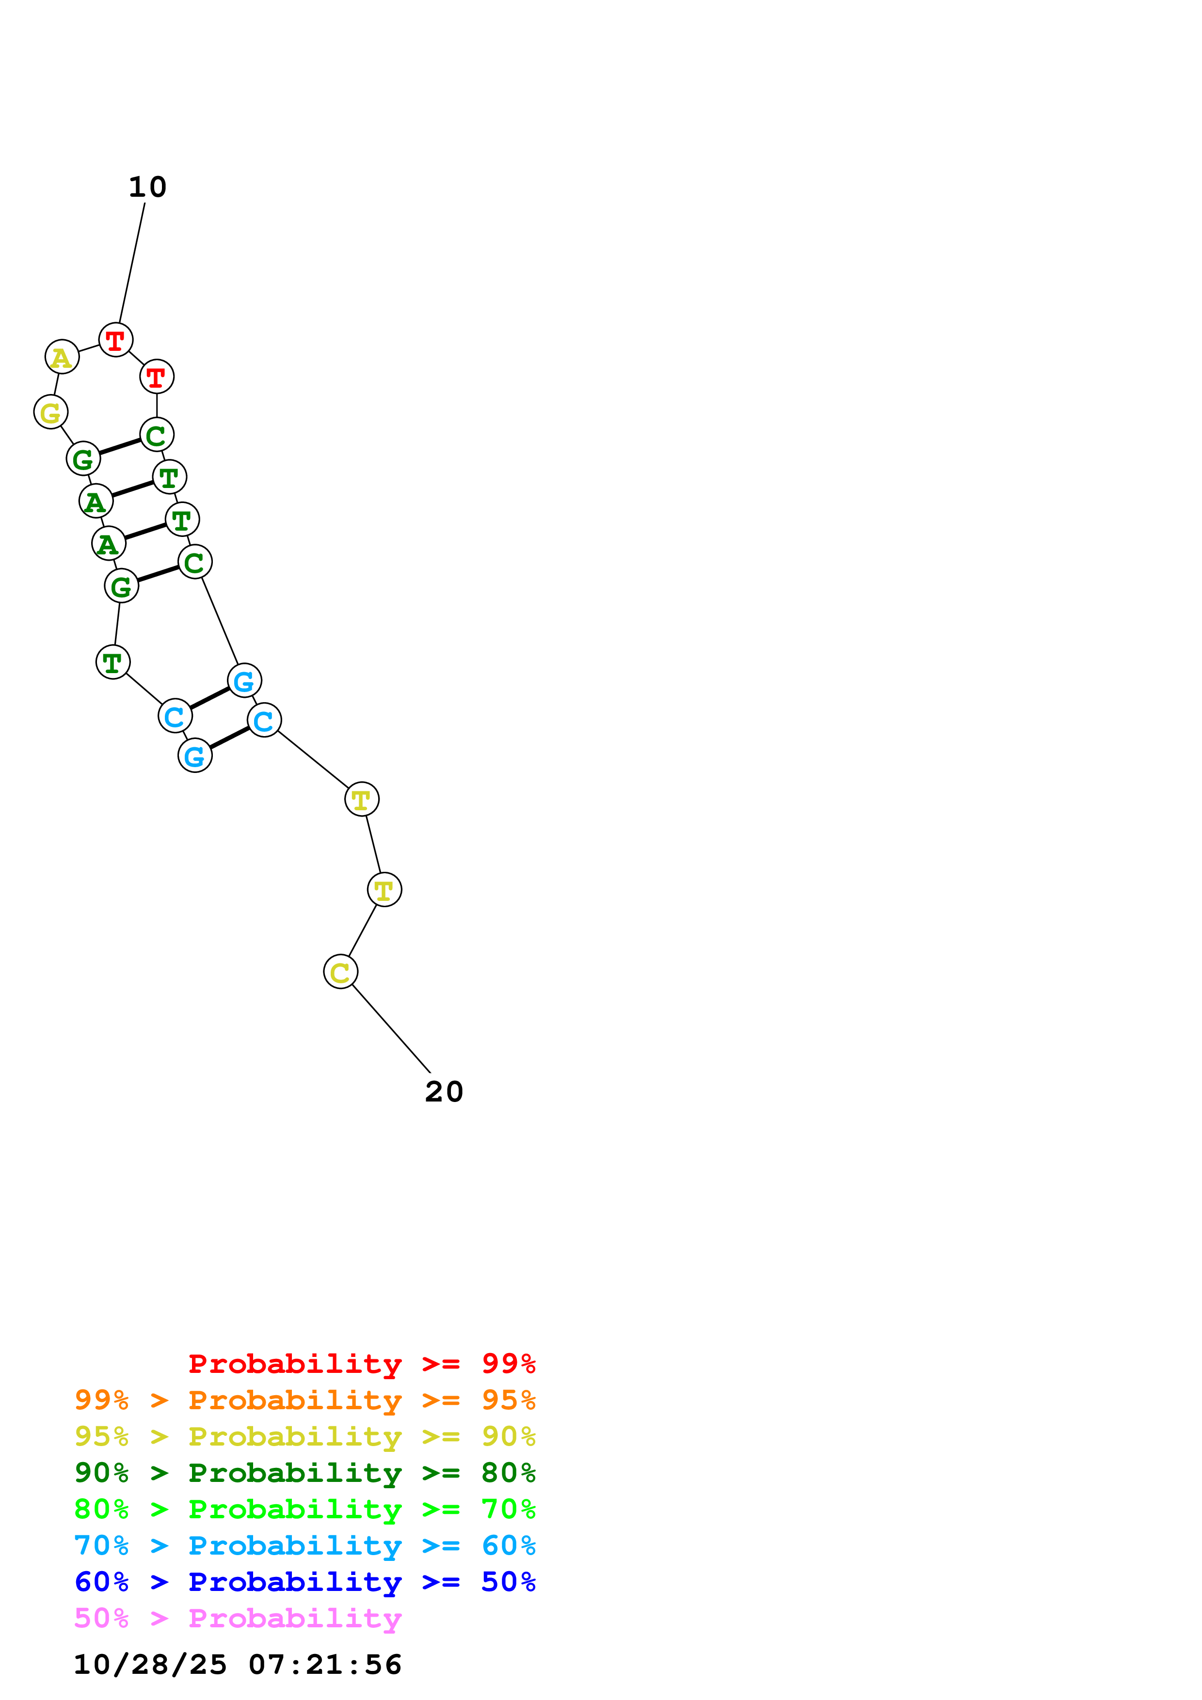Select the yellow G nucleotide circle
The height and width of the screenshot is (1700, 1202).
pyautogui.click(x=51, y=411)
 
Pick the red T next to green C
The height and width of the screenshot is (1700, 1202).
pyautogui.click(x=156, y=377)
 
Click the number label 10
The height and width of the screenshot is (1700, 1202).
pyautogui.click(x=147, y=188)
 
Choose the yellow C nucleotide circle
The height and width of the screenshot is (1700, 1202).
pyautogui.click(x=341, y=972)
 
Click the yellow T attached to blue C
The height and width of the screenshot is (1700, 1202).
pyautogui.click(x=361, y=800)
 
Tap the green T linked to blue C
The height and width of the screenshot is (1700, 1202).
pyautogui.click(x=112, y=662)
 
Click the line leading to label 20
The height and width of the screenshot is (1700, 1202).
pyautogui.click(x=391, y=1028)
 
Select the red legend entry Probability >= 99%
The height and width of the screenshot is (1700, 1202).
pyautogui.click(x=361, y=1364)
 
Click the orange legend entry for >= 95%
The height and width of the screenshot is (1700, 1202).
pyautogui.click(x=305, y=1400)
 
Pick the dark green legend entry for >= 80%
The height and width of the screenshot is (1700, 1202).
pyautogui.click(x=305, y=1473)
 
